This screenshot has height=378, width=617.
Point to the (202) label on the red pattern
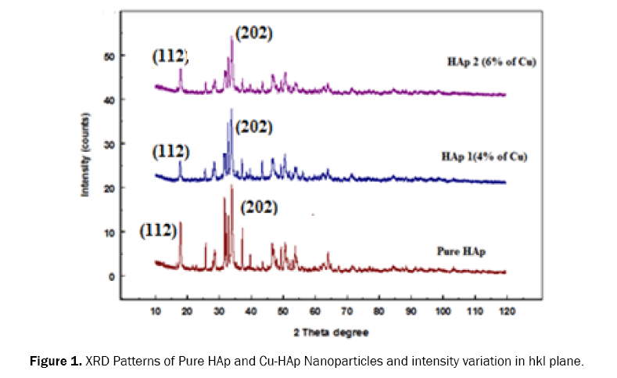tap(259, 208)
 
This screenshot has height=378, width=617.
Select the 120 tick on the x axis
tap(507, 311)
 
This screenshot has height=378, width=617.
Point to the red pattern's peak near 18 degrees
tap(181, 222)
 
